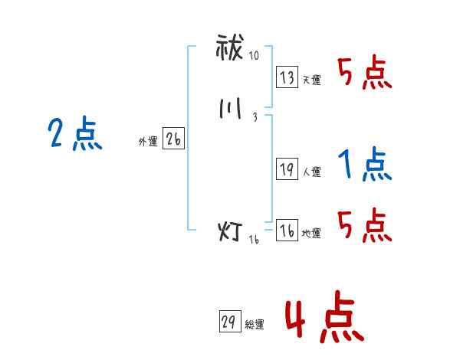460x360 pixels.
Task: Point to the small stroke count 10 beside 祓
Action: [254, 57]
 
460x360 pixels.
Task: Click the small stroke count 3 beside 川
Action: [254, 116]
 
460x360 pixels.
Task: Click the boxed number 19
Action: [287, 170]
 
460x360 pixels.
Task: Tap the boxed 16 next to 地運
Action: [287, 231]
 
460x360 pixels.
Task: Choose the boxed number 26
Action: [173, 139]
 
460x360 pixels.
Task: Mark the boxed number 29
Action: [227, 322]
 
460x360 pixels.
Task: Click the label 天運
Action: [311, 80]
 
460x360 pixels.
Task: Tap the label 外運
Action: [147, 142]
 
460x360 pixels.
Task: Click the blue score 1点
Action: [364, 164]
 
